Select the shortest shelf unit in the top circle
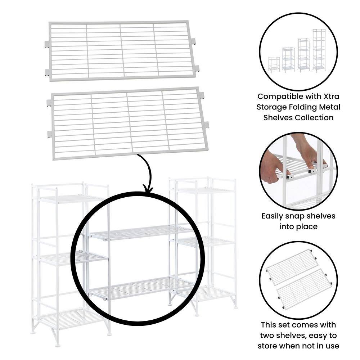[x=274, y=64]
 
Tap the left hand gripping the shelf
[x=272, y=167]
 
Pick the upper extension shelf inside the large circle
[x=140, y=233]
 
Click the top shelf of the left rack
[x=70, y=198]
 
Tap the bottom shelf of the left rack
[x=70, y=317]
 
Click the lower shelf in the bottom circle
[x=305, y=288]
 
